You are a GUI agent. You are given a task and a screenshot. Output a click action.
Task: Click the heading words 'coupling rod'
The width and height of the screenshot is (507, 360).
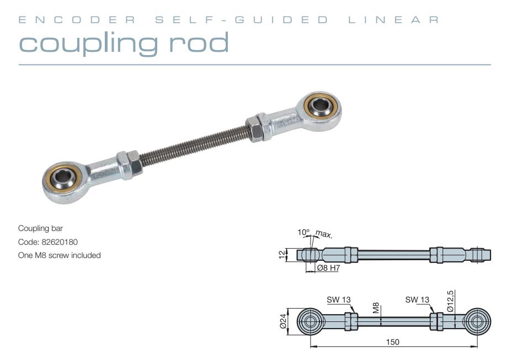tap(124, 43)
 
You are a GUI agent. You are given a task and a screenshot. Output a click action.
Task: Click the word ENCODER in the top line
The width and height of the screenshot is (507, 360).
tap(76, 20)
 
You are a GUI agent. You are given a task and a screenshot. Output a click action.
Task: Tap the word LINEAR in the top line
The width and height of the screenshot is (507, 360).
tap(395, 20)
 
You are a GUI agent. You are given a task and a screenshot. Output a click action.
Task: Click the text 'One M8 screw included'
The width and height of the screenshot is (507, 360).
tap(59, 255)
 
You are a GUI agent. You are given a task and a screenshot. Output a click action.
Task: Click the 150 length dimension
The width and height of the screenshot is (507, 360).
tap(393, 342)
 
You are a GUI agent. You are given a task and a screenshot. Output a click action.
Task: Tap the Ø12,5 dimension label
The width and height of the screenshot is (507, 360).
tap(451, 301)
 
